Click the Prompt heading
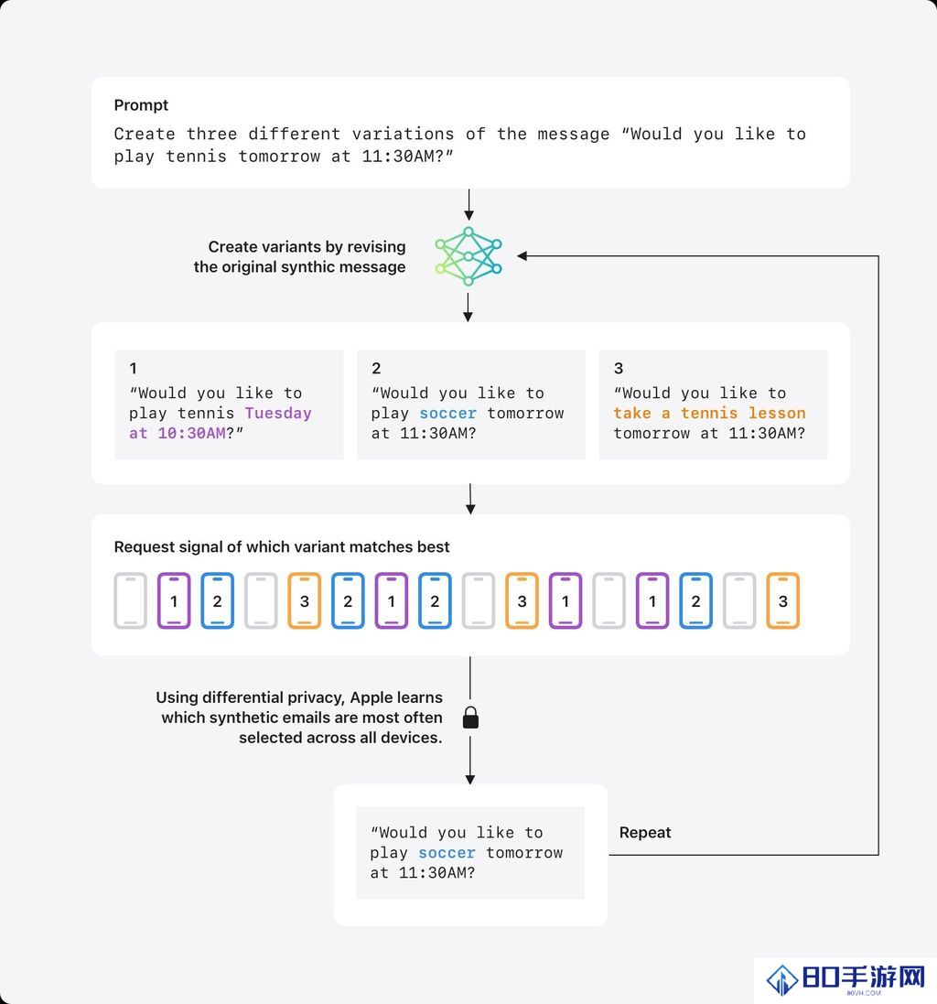point(141,105)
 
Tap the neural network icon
point(468,256)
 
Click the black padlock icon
point(470,718)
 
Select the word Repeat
point(645,833)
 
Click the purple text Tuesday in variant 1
point(278,413)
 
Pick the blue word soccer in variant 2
point(448,413)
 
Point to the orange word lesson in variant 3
point(777,413)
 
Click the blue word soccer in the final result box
point(447,853)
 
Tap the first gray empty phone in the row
point(131,600)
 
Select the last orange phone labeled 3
point(782,600)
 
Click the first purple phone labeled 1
point(174,600)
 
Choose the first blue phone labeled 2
point(218,600)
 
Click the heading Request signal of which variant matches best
point(282,546)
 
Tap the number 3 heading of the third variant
point(619,368)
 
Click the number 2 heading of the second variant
point(376,368)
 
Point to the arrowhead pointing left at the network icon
point(522,256)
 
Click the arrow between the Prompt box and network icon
point(469,205)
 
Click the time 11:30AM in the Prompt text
point(398,157)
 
